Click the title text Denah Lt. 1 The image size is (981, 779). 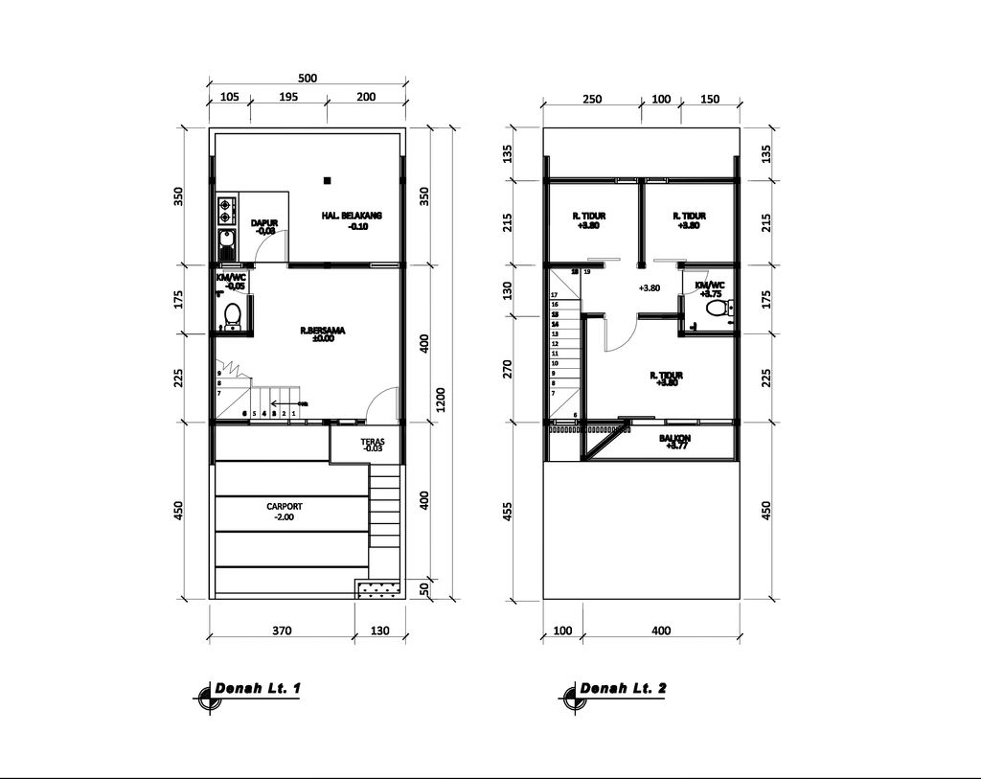[259, 689]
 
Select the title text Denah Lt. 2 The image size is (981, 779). [623, 689]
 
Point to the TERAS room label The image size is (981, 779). [373, 445]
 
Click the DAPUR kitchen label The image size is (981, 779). [263, 226]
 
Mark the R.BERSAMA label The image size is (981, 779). [322, 333]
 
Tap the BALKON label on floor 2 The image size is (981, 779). [675, 441]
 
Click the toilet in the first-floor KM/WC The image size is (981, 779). [232, 315]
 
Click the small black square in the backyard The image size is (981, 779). [327, 179]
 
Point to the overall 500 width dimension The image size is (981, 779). [307, 79]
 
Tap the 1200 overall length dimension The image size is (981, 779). [441, 398]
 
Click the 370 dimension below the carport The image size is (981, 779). [281, 630]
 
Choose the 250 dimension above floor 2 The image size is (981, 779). [592, 100]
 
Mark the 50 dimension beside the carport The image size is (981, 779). [424, 587]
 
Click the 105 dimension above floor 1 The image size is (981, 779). [230, 98]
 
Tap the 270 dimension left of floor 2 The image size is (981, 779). [509, 369]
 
